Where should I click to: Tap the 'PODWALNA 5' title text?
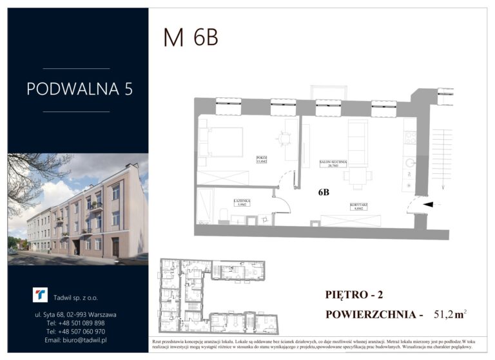coord(80,89)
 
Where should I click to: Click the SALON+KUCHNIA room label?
coord(334,164)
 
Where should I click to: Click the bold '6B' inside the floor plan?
coord(324,192)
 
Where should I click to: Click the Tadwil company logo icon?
coord(41,295)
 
